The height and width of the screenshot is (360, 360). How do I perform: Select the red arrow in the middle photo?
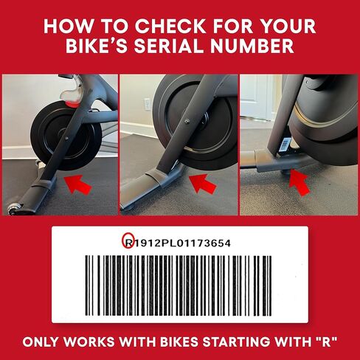point(201,182)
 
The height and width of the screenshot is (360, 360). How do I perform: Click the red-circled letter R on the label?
point(128,241)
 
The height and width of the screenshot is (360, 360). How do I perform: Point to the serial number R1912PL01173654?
point(181,241)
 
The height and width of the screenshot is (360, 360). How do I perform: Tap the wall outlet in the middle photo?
point(148,104)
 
